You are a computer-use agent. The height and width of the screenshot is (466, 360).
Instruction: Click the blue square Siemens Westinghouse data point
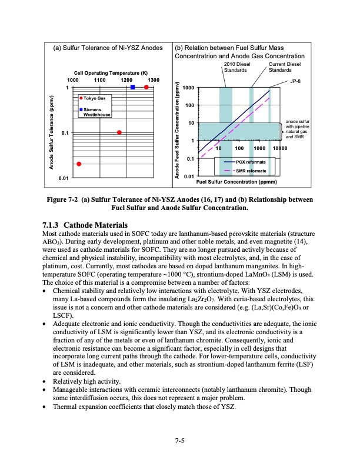click(133, 87)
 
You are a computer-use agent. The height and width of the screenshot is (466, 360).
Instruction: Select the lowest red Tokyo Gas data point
click(79, 164)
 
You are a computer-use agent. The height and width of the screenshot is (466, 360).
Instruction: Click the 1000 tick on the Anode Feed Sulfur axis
click(189, 88)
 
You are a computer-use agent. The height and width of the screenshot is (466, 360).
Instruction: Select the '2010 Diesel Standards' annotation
click(238, 66)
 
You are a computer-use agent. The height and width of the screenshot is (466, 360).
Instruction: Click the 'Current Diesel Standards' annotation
click(284, 66)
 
